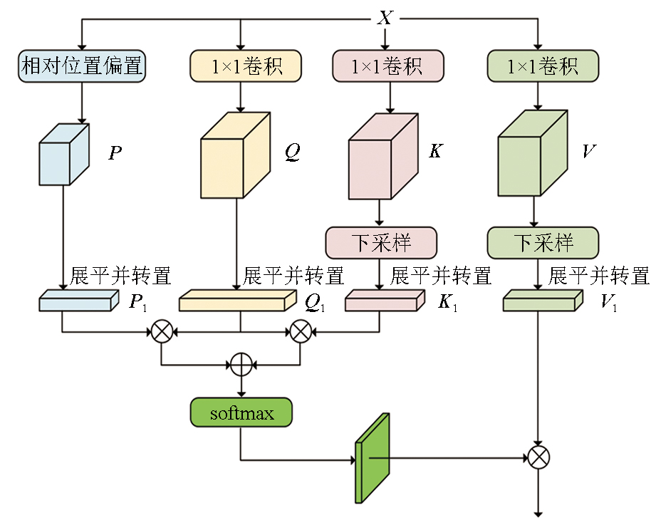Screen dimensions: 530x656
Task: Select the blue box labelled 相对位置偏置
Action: pyautogui.click(x=82, y=66)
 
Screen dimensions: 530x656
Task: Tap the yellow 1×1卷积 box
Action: pyautogui.click(x=246, y=66)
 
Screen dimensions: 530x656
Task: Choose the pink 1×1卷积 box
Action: pyautogui.click(x=387, y=66)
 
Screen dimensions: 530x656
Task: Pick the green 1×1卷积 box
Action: pyautogui.click(x=543, y=66)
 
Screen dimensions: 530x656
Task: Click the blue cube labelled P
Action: pyautogui.click(x=63, y=155)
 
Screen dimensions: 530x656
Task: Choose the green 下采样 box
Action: pyautogui.click(x=543, y=243)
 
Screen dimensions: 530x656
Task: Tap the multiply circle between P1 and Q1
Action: pyautogui.click(x=162, y=331)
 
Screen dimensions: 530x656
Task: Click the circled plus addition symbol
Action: pyautogui.click(x=242, y=365)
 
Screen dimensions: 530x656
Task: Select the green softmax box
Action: pyautogui.click(x=242, y=413)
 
